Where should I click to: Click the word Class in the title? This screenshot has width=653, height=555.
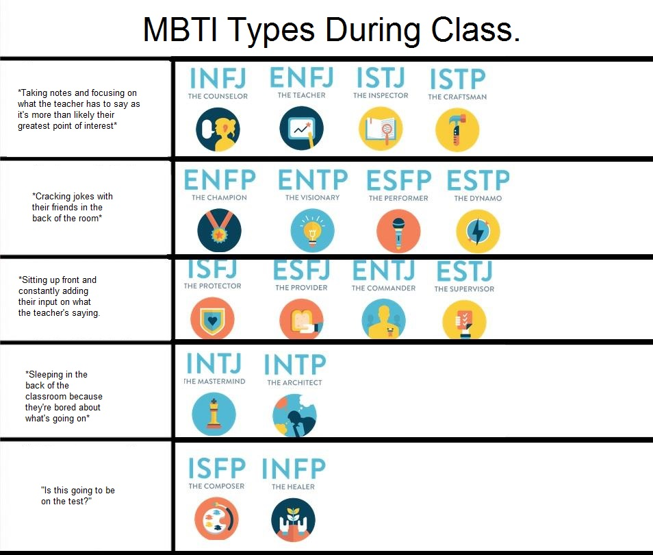[475, 29]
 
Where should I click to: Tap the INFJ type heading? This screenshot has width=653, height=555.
[218, 78]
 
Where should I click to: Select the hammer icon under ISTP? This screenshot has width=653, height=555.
[457, 129]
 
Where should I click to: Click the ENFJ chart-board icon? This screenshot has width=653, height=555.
[301, 128]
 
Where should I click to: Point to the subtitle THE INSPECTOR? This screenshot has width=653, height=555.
[381, 95]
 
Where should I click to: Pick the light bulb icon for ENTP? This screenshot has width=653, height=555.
[312, 231]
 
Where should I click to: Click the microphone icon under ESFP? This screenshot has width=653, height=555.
[398, 231]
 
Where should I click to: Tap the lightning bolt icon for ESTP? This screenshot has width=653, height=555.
[478, 232]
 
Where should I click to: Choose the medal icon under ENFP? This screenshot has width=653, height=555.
[219, 231]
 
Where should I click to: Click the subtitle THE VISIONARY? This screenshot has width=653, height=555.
[312, 197]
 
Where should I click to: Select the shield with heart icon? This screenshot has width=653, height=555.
[212, 319]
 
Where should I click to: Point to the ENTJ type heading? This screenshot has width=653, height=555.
[383, 270]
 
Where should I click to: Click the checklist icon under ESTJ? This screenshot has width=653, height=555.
[464, 320]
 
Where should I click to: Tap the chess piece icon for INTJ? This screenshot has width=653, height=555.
[214, 415]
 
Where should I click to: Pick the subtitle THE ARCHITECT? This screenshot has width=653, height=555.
[294, 382]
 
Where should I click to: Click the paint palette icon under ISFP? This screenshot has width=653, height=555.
[216, 519]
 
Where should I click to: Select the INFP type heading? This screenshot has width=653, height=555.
[294, 468]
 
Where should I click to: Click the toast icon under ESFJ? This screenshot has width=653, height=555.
[301, 319]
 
